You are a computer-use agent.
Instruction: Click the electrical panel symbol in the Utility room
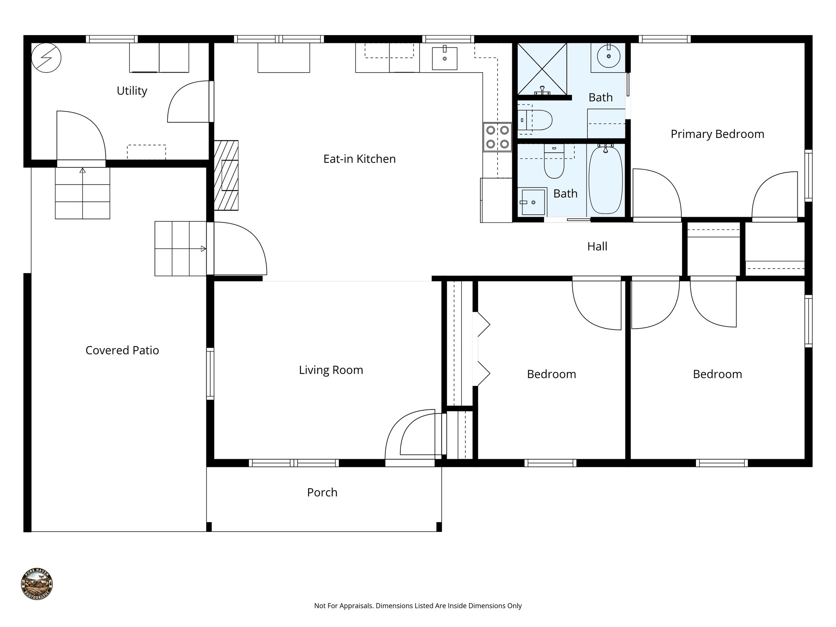(46, 58)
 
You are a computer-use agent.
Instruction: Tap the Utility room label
(131, 91)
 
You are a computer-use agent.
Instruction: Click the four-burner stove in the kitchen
(497, 137)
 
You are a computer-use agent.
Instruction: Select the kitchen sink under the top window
(444, 59)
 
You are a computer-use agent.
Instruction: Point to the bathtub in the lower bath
(605, 180)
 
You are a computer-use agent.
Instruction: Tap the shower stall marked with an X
(542, 68)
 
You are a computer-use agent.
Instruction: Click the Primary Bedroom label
(717, 134)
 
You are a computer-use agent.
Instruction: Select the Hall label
(597, 247)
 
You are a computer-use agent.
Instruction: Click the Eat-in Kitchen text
(359, 159)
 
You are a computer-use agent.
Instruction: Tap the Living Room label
(331, 370)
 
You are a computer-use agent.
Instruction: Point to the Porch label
(322, 492)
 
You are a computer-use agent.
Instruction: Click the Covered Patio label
(122, 350)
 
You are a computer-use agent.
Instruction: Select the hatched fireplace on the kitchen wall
(226, 176)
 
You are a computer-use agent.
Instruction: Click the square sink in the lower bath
(532, 202)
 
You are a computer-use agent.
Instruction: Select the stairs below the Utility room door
(82, 193)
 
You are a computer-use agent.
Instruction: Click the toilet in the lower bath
(554, 163)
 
